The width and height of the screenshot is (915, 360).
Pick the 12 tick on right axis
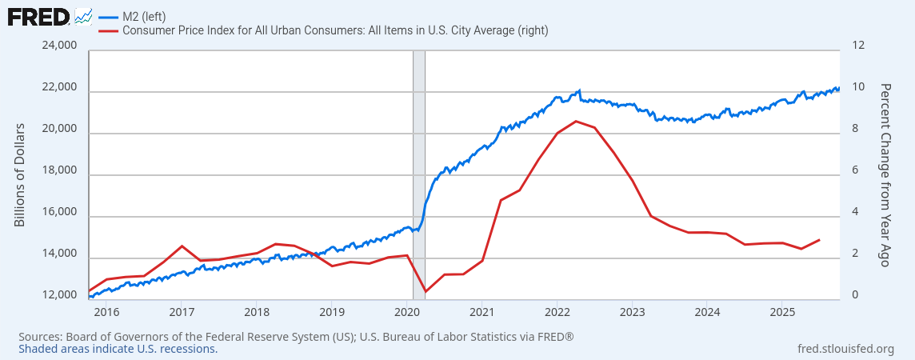[859, 46]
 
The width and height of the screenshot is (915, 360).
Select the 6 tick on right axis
[857, 171]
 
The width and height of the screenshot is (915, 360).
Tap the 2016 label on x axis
[106, 311]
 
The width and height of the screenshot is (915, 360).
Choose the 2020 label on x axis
[407, 311]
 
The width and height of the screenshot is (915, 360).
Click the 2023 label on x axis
[632, 311]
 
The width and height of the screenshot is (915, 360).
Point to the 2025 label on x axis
[782, 311]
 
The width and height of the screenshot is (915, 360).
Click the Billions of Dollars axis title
[20, 174]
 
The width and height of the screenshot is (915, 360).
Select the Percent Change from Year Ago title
[885, 174]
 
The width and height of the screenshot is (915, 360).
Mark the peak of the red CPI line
[576, 121]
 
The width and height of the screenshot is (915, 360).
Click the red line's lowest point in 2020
[426, 291]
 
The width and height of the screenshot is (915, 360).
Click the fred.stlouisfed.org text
[846, 349]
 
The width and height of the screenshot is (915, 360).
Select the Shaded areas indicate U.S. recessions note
[118, 349]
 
